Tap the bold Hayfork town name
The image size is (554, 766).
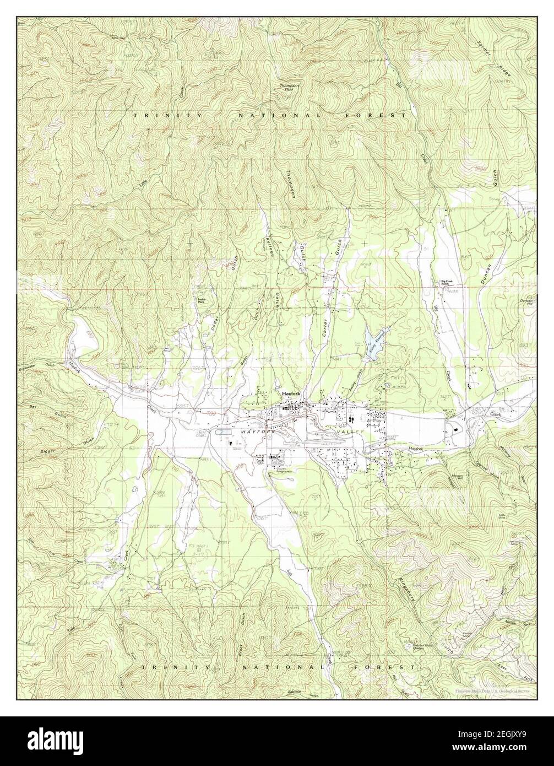click(x=290, y=395)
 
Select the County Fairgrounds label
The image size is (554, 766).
click(x=268, y=470)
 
